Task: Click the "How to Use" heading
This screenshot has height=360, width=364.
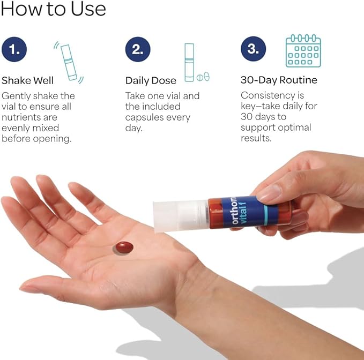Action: coord(53,9)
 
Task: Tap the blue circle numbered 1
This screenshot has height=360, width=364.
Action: coord(14,49)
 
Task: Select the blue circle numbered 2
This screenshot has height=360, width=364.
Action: coord(138,49)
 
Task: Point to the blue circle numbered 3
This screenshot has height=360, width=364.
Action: coord(253,49)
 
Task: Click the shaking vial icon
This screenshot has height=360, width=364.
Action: coord(69,62)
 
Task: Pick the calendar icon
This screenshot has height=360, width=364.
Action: coord(303,51)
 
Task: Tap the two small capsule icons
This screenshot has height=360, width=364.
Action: coord(203,77)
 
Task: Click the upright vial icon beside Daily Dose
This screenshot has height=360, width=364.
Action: coord(189,63)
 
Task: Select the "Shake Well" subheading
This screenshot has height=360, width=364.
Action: coord(28,80)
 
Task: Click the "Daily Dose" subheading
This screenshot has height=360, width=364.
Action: coord(151,80)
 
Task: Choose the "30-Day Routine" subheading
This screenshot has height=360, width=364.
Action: coord(279,80)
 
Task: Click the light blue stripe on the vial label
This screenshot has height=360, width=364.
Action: coord(266,215)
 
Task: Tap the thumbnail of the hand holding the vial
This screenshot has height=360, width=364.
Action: coord(270,192)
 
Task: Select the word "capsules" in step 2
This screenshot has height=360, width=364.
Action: coord(143,118)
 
